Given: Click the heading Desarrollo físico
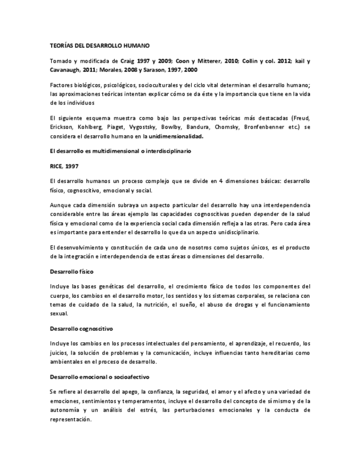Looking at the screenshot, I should pos(71,271).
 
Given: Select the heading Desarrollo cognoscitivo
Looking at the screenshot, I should pos(81,329).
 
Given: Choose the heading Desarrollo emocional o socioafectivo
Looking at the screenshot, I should pos(99,377).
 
